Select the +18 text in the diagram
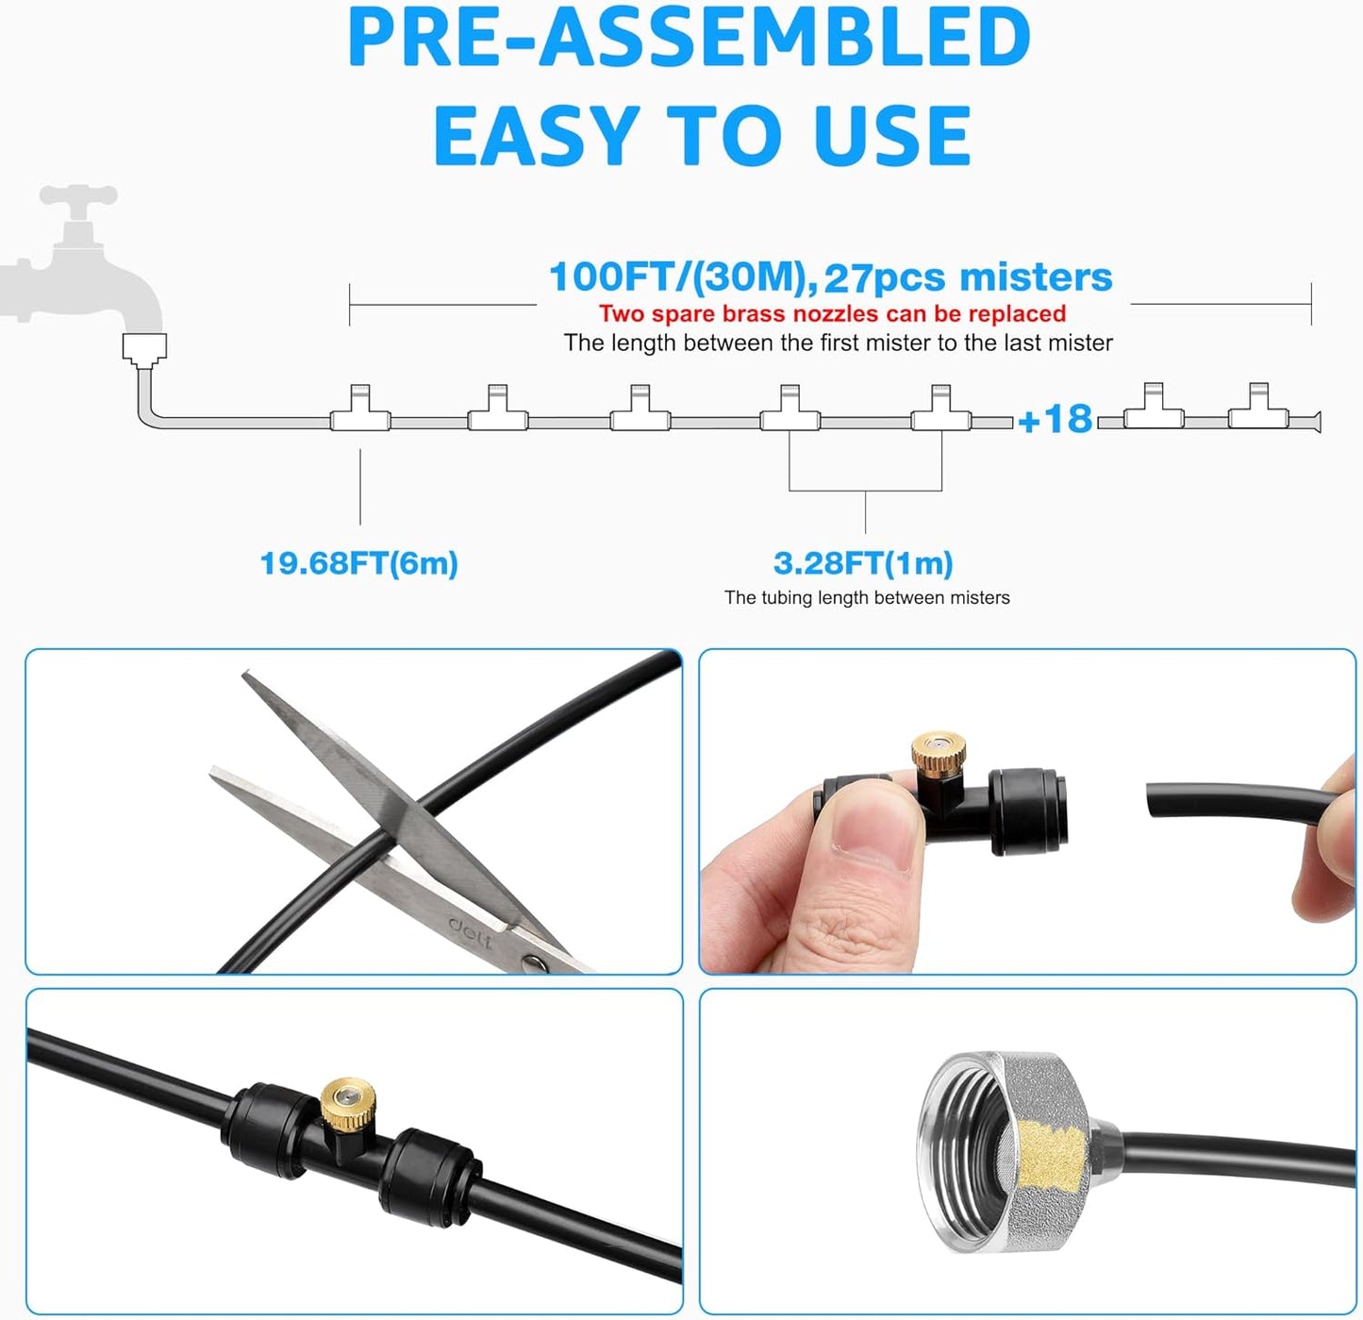(x=1055, y=420)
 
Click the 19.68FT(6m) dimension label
(x=358, y=563)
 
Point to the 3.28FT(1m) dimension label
(x=863, y=563)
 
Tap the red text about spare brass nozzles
(x=832, y=313)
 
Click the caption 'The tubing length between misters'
(x=867, y=597)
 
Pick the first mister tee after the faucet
(x=359, y=409)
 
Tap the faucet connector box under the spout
(x=144, y=348)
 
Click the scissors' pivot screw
(x=535, y=962)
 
